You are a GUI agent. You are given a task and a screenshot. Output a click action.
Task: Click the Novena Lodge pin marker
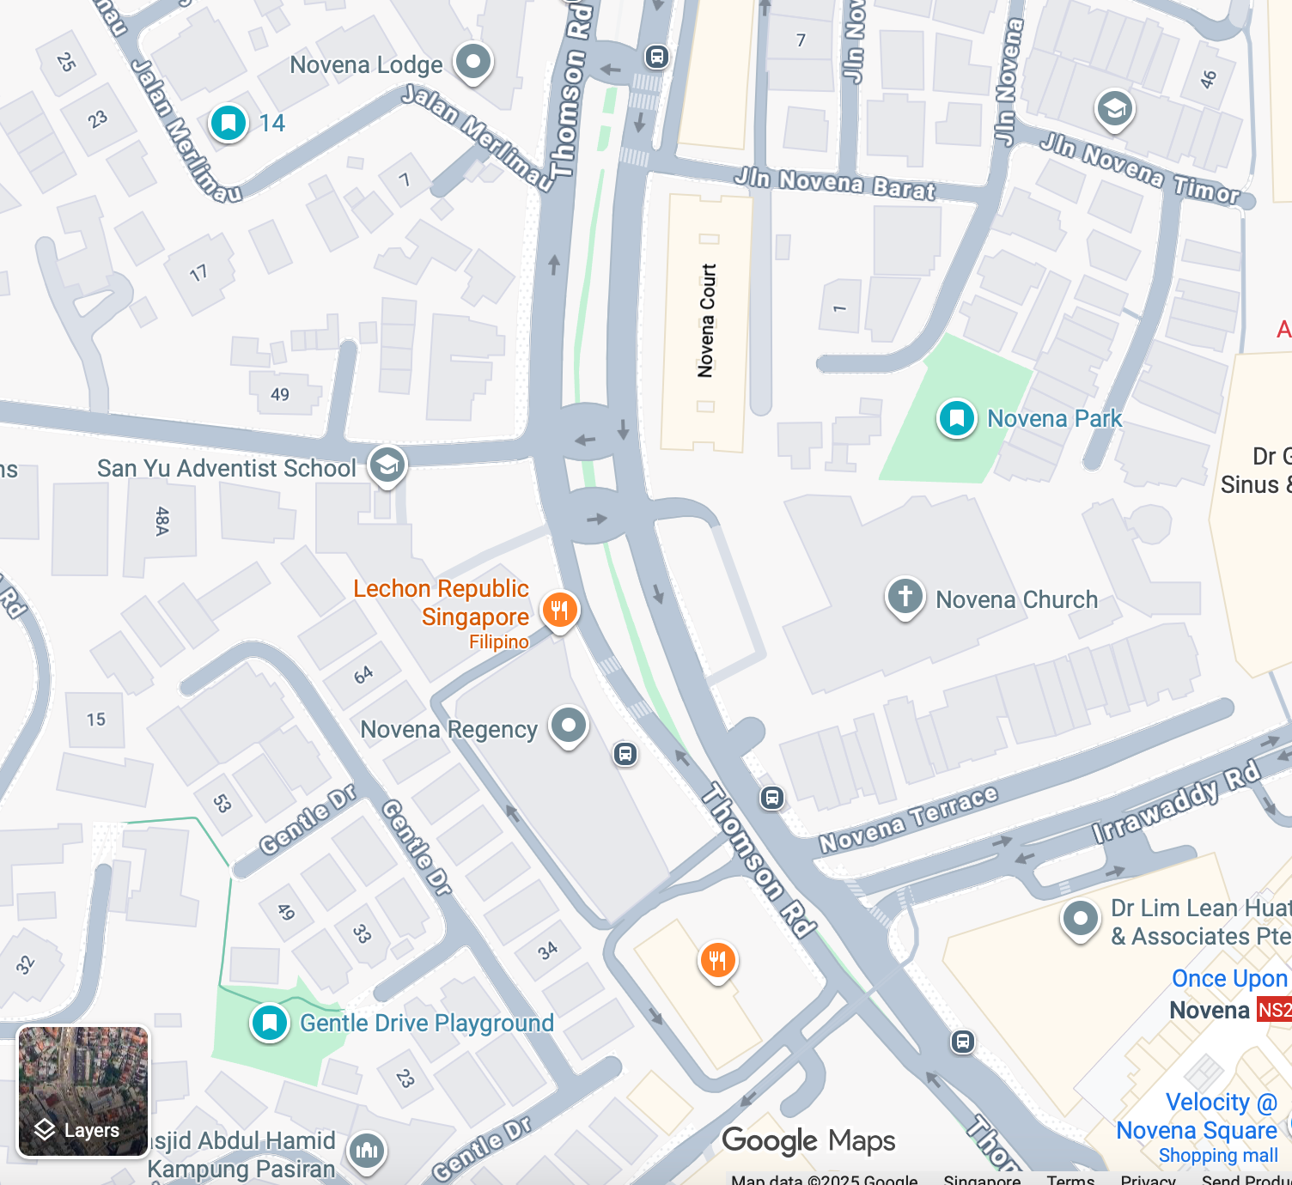472,62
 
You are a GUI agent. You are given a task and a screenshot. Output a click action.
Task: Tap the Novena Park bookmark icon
956,418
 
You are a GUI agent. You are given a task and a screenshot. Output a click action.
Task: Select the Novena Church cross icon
905,596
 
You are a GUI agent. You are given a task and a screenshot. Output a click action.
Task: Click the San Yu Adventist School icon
387,465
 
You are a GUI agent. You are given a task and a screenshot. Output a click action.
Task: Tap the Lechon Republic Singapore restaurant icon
559,610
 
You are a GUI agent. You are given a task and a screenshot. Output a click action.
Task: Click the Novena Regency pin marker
568,726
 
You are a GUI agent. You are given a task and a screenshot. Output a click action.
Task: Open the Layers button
82,1091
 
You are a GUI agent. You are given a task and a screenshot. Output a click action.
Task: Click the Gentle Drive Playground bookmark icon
270,1023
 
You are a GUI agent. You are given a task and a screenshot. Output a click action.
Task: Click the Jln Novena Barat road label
834,184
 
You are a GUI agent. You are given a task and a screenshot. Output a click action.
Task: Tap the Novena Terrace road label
908,819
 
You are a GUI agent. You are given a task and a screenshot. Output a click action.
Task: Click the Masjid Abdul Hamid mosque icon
367,1151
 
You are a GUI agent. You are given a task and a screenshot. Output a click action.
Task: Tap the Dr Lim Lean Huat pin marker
1080,919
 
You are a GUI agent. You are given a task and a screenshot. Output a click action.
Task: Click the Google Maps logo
808,1141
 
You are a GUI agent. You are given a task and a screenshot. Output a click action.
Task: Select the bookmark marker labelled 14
229,123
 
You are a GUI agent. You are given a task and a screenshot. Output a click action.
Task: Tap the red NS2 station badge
1274,1010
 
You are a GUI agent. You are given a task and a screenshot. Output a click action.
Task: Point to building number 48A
161,521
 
